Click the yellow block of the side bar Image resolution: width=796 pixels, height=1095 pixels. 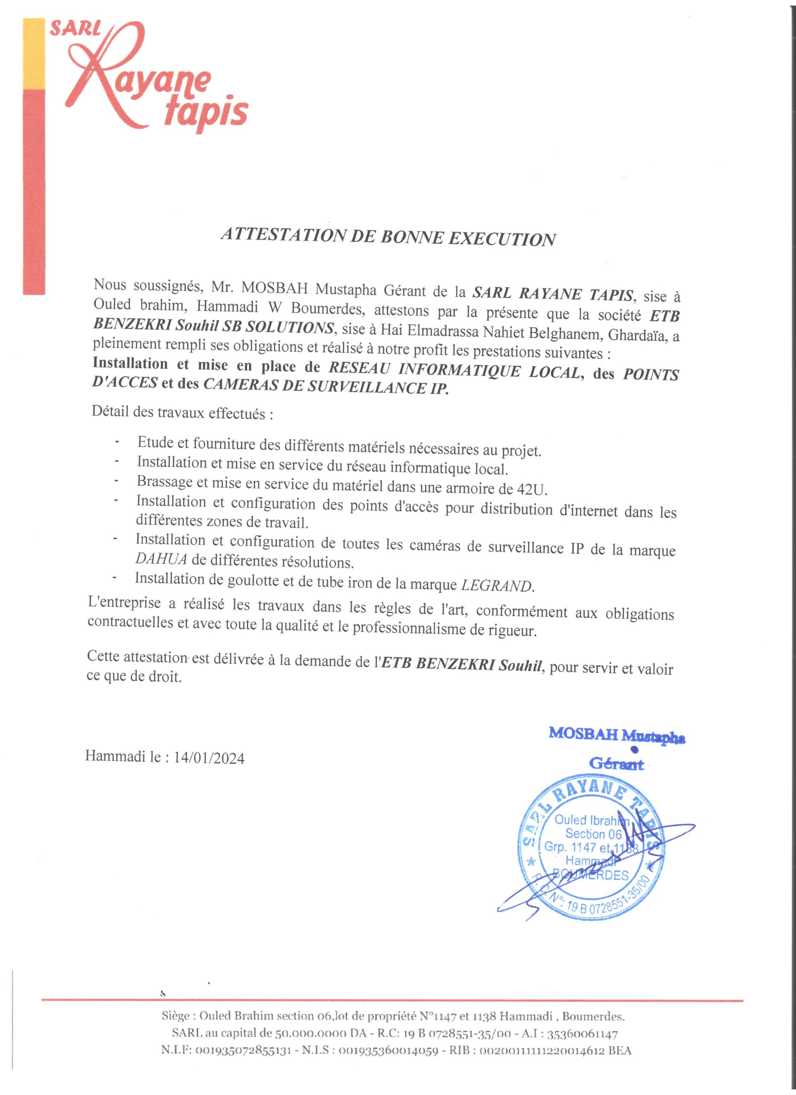pyautogui.click(x=34, y=53)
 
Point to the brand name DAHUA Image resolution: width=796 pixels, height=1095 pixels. pyautogui.click(x=161, y=559)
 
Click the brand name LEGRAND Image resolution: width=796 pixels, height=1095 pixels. pyautogui.click(x=497, y=586)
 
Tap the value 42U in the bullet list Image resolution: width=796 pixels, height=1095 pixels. pyautogui.click(x=532, y=489)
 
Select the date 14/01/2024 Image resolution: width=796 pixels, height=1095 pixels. pyautogui.click(x=209, y=758)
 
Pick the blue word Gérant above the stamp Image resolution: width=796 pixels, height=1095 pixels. pyautogui.click(x=616, y=764)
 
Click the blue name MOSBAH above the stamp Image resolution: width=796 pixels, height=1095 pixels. pyautogui.click(x=583, y=734)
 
